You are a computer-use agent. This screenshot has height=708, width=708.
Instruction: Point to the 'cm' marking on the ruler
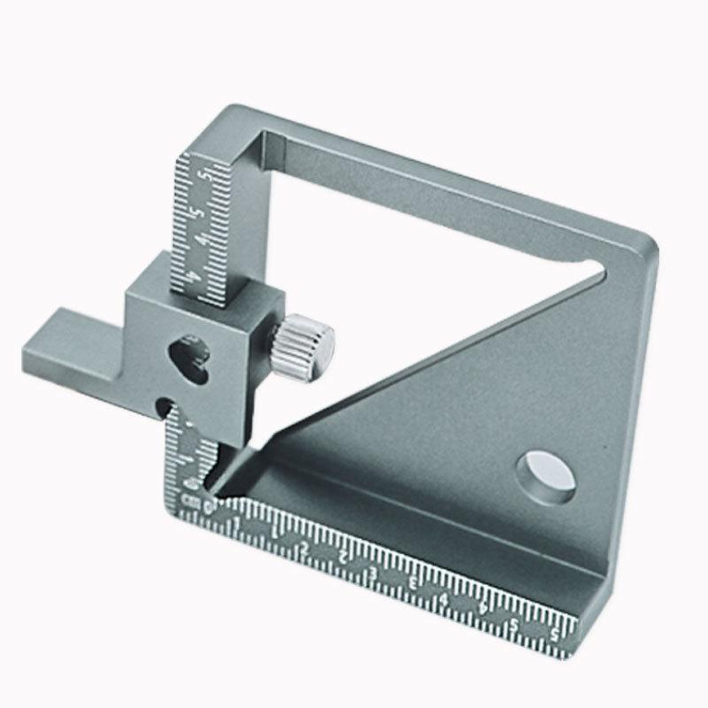[x=188, y=501]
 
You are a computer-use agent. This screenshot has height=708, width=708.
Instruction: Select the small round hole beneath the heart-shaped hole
[x=162, y=405]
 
